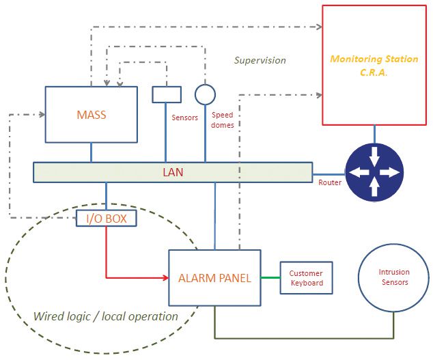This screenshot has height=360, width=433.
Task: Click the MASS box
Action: click(x=92, y=114)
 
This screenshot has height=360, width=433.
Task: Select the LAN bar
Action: click(x=172, y=172)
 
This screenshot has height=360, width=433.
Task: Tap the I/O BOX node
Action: click(x=106, y=219)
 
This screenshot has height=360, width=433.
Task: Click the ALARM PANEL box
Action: click(x=215, y=278)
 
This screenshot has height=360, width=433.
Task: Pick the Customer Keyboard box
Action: click(x=306, y=278)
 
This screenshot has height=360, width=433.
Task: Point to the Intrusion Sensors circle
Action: click(x=393, y=277)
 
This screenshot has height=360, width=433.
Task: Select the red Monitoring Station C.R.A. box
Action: click(x=374, y=64)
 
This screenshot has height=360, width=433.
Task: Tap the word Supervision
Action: click(x=260, y=60)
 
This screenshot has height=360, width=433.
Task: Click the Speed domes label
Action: click(x=223, y=120)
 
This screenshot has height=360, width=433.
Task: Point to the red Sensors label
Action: click(x=184, y=117)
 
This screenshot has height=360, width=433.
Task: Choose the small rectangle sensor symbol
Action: click(x=167, y=94)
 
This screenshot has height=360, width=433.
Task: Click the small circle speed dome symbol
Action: click(x=205, y=94)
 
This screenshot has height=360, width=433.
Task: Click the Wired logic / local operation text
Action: click(x=105, y=316)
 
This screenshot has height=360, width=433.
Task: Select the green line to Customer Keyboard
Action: click(x=271, y=277)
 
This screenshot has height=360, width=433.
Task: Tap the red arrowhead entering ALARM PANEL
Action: click(x=165, y=277)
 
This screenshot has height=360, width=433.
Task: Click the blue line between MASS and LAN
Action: click(x=92, y=152)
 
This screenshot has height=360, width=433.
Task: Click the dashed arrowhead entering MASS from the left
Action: click(x=41, y=114)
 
